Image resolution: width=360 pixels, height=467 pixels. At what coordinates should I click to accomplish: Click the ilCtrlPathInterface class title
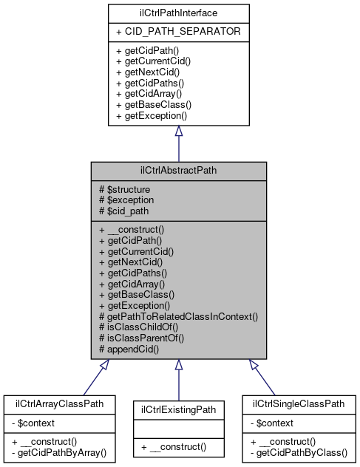pyautogui.click(x=178, y=13)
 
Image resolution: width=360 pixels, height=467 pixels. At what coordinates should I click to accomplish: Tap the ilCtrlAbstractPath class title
pyautogui.click(x=178, y=171)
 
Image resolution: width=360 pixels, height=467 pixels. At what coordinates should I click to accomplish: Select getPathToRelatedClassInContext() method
pyautogui.click(x=178, y=316)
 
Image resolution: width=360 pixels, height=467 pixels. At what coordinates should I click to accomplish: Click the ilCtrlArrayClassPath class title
pyautogui.click(x=59, y=404)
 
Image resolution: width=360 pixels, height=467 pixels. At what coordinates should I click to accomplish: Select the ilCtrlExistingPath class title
pyautogui.click(x=178, y=408)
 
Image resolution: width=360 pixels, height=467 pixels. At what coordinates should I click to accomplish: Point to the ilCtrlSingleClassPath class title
pyautogui.click(x=299, y=404)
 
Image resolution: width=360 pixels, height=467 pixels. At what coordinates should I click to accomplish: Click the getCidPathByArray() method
pyautogui.click(x=60, y=451)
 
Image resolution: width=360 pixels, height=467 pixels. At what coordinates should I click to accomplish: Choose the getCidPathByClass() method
pyautogui.click(x=299, y=451)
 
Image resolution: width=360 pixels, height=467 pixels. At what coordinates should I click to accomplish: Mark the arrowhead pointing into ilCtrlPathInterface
pyautogui.click(x=178, y=130)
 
